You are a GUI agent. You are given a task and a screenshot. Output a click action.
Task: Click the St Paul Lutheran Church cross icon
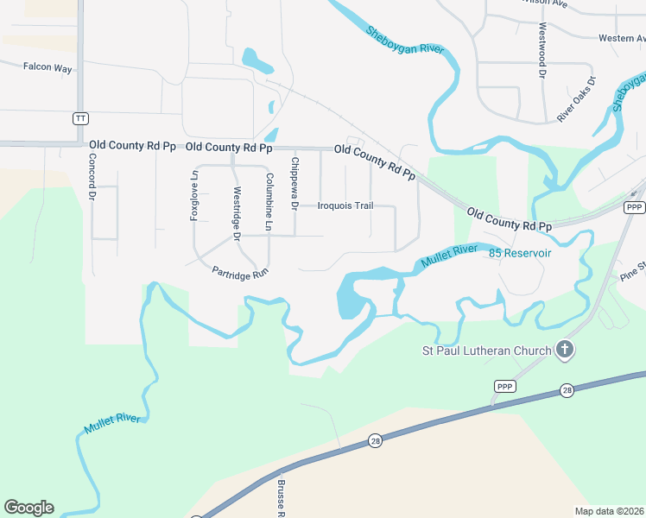click(x=565, y=350)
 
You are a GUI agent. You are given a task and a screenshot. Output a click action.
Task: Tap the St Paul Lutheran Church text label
click(x=485, y=351)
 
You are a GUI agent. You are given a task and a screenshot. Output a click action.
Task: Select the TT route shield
click(x=80, y=117)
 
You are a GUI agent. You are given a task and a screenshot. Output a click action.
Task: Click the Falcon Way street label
click(x=47, y=66)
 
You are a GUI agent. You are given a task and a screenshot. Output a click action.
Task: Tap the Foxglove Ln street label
click(x=194, y=195)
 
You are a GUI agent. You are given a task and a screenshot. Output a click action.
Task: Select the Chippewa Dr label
click(x=294, y=183)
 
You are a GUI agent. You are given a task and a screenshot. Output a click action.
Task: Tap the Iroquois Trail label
click(x=345, y=205)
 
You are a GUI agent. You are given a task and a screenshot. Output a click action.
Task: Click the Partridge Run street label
click(x=241, y=271)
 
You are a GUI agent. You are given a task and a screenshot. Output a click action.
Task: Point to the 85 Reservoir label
click(x=519, y=253)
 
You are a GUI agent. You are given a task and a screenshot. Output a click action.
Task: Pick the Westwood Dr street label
click(x=542, y=50)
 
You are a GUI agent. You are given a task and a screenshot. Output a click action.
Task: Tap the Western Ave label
click(x=622, y=38)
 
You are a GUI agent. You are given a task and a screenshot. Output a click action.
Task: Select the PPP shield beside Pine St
click(x=635, y=207)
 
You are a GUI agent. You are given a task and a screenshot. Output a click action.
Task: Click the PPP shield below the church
click(x=504, y=386)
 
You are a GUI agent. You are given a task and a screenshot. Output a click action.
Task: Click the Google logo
click(x=28, y=508)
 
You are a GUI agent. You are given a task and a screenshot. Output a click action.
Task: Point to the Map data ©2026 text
click(x=609, y=511)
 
